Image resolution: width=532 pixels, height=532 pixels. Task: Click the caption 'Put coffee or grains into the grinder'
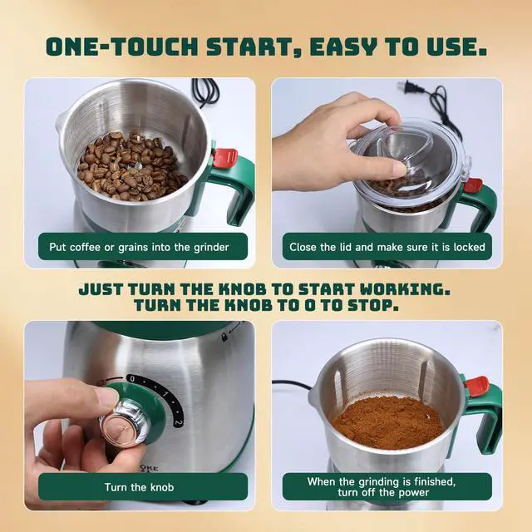[133, 247]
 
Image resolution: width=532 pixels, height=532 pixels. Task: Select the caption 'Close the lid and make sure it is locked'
[387, 247]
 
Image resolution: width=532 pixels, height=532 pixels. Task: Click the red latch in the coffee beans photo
[225, 157]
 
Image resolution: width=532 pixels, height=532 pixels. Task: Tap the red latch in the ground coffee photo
[477, 386]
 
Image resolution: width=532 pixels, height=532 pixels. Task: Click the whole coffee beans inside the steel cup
[129, 165]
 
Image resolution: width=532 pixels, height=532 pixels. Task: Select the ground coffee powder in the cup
[387, 420]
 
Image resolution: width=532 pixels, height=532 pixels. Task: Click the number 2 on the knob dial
[178, 422]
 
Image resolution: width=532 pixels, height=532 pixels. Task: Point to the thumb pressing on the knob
[91, 397]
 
